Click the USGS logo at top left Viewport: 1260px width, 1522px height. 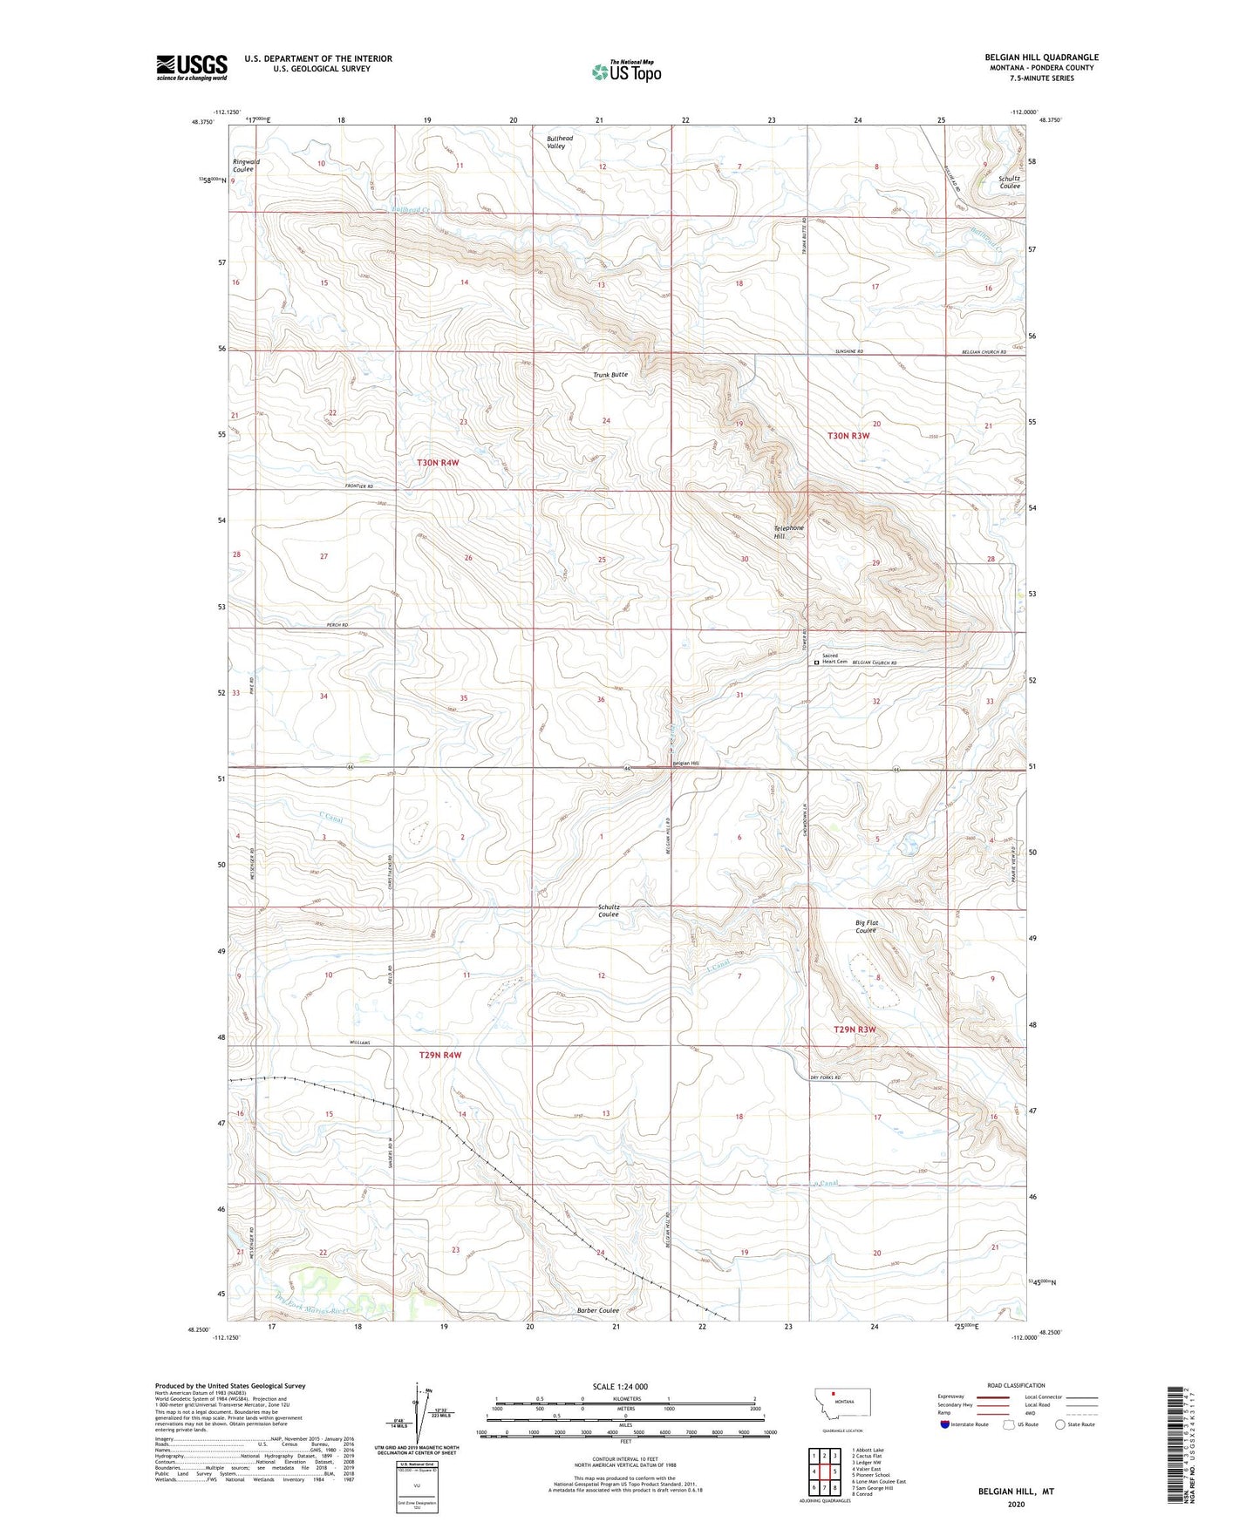click(192, 67)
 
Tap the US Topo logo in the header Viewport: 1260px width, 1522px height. click(626, 71)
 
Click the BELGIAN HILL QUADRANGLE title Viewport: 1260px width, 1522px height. click(1041, 58)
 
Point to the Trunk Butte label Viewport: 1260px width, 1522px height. click(610, 375)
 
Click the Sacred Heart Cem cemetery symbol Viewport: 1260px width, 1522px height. click(817, 662)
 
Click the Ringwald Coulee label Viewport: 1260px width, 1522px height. click(246, 165)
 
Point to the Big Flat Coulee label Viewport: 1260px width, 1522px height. click(866, 926)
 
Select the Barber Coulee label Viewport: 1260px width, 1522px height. click(597, 1310)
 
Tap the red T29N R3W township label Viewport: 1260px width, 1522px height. click(854, 1029)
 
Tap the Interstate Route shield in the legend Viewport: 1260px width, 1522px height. click(945, 1424)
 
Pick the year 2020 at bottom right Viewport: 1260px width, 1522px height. click(1016, 1504)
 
